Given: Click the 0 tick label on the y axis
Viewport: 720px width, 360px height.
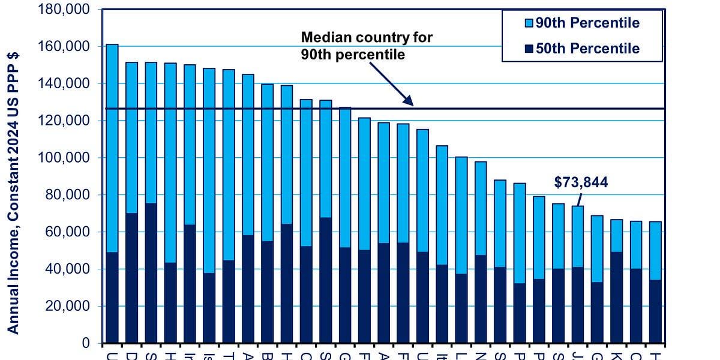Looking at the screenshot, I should tap(86, 343).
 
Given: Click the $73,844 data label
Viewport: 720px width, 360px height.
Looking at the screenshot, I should tap(581, 182).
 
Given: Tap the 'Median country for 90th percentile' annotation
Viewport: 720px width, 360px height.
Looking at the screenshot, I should tap(366, 46).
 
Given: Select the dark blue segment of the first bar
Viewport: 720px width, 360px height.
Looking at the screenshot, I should tap(112, 297).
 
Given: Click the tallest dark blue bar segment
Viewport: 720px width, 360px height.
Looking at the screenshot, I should tap(151, 273).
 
